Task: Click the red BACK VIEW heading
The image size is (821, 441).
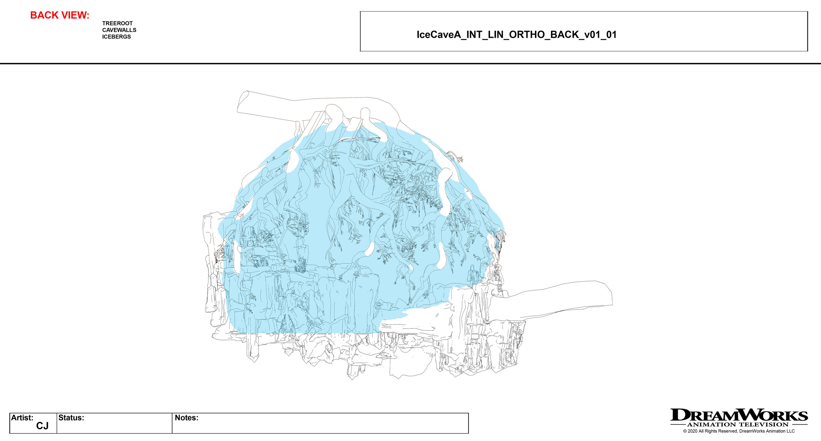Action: (x=59, y=15)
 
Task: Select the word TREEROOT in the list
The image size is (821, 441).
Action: (x=117, y=23)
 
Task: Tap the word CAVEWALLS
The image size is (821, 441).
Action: (x=119, y=30)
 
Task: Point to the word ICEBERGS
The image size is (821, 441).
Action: (x=116, y=37)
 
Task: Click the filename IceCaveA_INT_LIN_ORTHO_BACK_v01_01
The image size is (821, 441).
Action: (x=516, y=35)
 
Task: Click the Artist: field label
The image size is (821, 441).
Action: (x=22, y=418)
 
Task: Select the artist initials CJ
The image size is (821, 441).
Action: (x=42, y=426)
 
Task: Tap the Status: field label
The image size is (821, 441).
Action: (x=71, y=418)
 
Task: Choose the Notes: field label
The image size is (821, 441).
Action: (x=186, y=418)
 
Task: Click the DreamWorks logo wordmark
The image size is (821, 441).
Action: (x=739, y=415)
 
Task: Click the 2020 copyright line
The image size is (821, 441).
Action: (x=739, y=431)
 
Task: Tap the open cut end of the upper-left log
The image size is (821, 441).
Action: (x=242, y=102)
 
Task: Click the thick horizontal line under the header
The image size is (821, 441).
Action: (x=411, y=63)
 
